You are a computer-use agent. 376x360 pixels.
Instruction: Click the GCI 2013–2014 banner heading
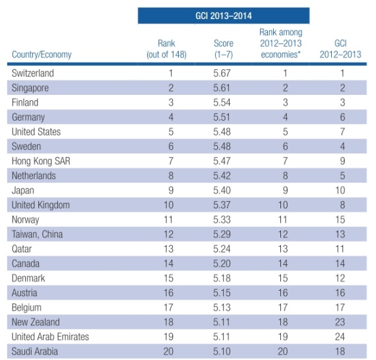(x=224, y=16)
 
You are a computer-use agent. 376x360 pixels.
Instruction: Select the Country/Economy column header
(x=42, y=55)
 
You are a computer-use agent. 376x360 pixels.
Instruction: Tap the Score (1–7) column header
(x=224, y=49)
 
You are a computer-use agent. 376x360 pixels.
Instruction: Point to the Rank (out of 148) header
(x=166, y=49)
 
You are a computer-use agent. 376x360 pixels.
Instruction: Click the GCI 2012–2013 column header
(x=340, y=49)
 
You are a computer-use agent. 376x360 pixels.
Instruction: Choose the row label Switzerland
(x=33, y=73)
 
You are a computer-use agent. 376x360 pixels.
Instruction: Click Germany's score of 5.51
(x=222, y=117)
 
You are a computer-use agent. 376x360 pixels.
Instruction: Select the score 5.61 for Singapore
(x=222, y=88)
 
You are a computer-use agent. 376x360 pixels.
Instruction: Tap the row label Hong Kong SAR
(x=41, y=161)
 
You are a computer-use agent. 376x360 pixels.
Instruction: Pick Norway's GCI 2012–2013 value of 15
(x=340, y=220)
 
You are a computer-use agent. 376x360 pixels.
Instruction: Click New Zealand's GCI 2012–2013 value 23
(x=340, y=322)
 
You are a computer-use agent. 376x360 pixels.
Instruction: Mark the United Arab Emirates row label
(x=50, y=337)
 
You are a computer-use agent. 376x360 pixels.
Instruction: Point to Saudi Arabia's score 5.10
(x=222, y=351)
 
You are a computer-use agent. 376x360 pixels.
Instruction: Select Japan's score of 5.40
(x=222, y=191)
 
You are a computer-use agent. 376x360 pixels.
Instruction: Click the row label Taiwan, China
(x=37, y=235)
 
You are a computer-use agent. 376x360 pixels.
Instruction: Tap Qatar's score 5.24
(x=222, y=249)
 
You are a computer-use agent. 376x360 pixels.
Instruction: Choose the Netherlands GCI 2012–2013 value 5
(x=342, y=175)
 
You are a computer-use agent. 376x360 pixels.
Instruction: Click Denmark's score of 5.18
(x=222, y=278)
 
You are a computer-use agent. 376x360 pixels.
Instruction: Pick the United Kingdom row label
(x=41, y=205)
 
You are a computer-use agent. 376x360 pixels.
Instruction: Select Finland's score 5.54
(x=222, y=103)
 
